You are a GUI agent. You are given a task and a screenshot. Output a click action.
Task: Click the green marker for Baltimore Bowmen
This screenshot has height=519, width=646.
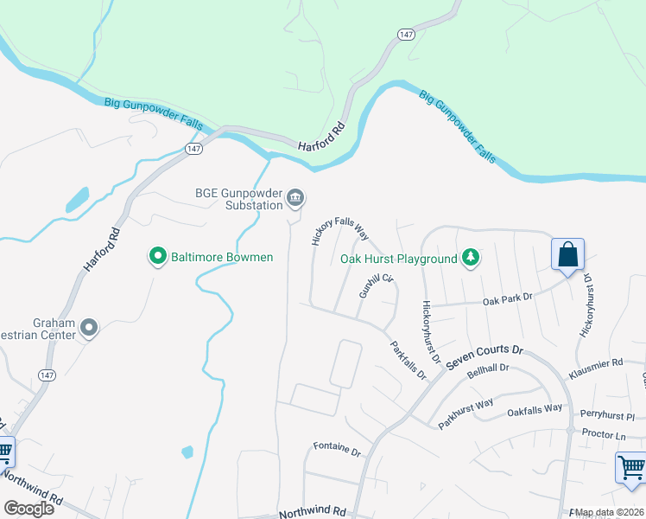click(157, 256)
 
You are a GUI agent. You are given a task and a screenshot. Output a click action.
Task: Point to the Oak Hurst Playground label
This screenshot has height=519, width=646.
click(398, 259)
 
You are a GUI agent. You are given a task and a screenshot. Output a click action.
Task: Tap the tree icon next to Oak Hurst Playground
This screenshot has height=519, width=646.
click(470, 258)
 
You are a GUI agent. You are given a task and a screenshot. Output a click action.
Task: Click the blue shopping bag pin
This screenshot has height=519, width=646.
click(567, 256)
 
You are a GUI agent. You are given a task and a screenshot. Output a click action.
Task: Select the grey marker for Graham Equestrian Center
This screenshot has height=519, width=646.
click(89, 327)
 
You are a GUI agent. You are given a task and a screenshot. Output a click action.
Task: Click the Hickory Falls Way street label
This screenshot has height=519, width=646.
click(340, 230)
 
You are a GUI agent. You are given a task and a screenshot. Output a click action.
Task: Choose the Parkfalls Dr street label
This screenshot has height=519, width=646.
click(408, 362)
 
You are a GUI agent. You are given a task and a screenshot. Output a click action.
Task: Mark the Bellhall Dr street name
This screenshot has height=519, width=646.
click(489, 374)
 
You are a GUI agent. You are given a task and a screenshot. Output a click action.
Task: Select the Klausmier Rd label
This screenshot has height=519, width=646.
click(596, 370)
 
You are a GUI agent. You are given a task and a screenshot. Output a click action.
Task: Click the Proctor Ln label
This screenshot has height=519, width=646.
click(604, 435)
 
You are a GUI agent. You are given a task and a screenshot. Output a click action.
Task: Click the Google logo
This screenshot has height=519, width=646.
click(29, 509)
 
